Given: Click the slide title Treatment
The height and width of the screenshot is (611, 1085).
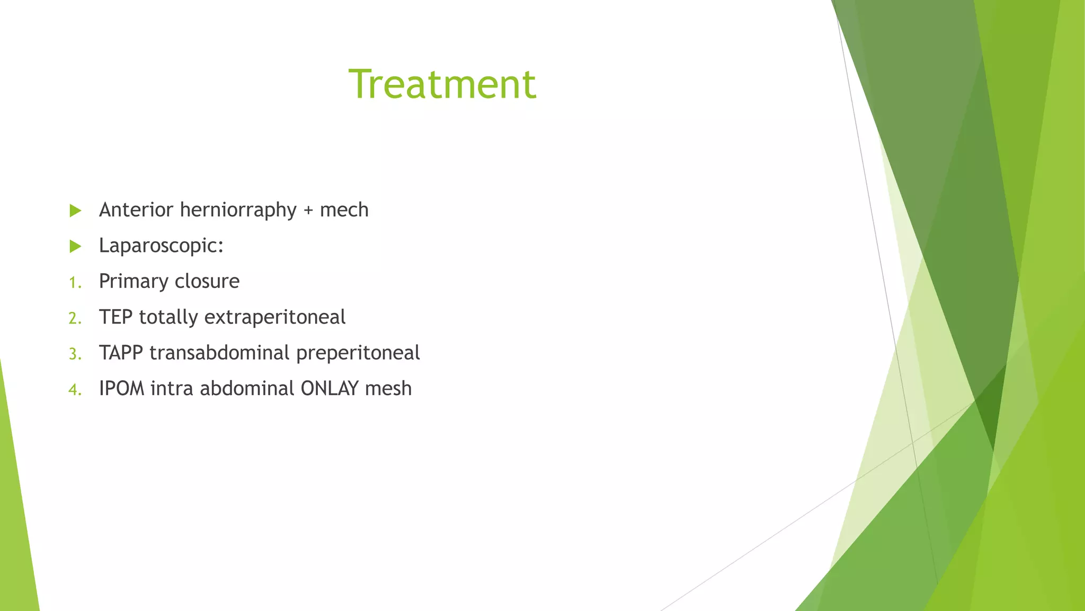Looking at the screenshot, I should click(442, 84).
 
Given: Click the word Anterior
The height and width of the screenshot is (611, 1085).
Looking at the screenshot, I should click(136, 210).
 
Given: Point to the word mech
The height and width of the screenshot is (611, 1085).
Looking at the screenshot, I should click(344, 210).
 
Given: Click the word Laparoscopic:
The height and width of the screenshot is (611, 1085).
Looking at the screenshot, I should click(161, 246).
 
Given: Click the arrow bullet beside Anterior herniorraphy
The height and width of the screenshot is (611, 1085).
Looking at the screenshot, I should click(75, 211).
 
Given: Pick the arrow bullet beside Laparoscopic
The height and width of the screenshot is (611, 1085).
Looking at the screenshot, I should click(75, 246).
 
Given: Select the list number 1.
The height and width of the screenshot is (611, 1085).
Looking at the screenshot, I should click(75, 283).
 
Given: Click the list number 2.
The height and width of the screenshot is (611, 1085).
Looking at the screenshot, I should click(75, 318).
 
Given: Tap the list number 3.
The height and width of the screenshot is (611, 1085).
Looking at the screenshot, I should click(75, 354).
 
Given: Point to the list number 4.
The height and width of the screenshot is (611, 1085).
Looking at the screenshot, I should click(75, 390).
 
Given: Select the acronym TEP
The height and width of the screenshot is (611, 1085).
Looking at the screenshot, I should click(115, 317).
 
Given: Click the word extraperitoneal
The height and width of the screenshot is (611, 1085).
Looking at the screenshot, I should click(274, 318).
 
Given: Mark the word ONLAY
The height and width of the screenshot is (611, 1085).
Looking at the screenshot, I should click(330, 389).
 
